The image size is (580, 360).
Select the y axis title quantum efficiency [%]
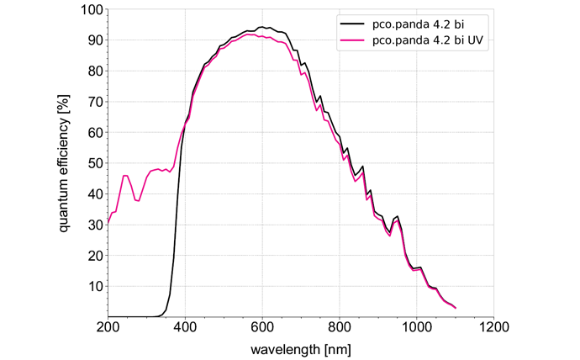(x=64, y=164)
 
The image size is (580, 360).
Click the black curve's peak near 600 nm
(x=262, y=27)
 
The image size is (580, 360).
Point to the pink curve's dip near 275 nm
(x=137, y=201)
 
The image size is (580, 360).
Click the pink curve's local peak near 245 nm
(x=125, y=176)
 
